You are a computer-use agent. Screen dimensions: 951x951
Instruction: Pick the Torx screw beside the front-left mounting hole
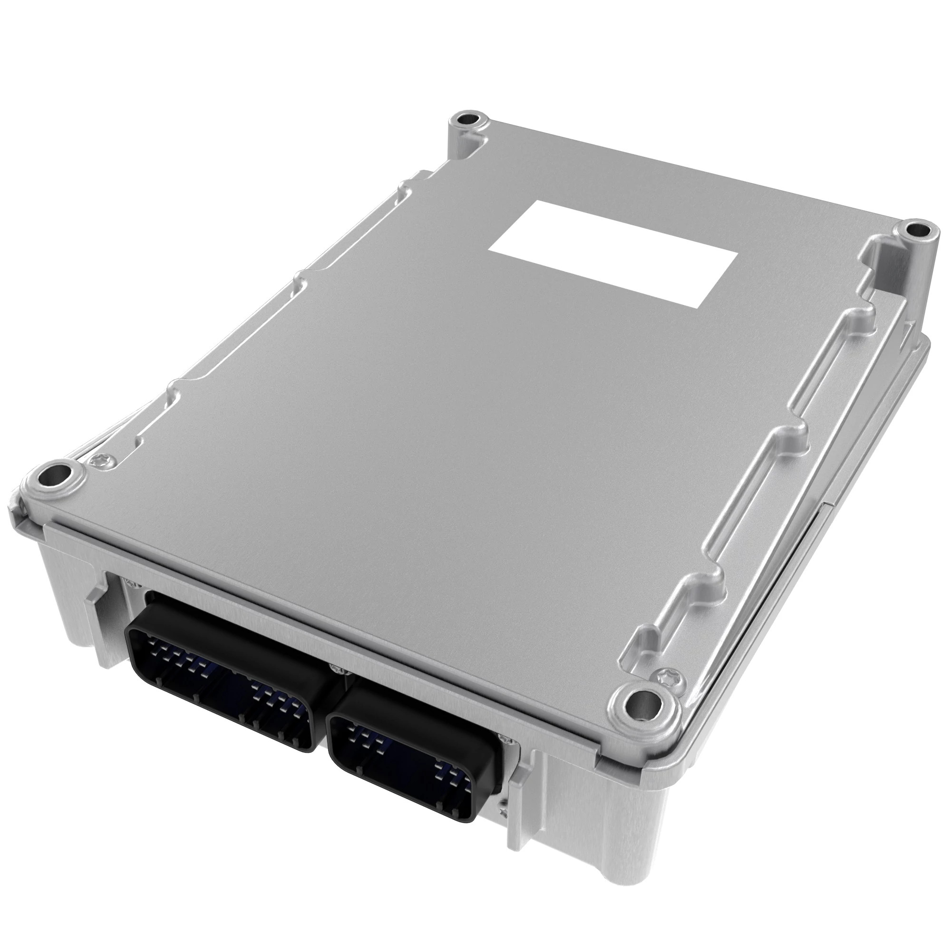pos(97,461)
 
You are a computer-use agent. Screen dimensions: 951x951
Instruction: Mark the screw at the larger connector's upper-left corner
pos(129,584)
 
